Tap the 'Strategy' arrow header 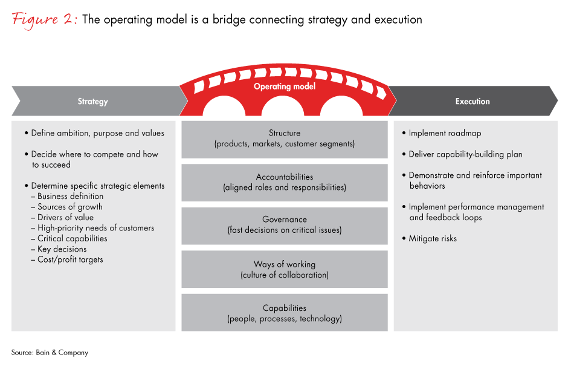(92, 102)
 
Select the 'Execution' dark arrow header (472, 102)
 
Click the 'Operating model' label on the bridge (285, 87)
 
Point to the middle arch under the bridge (285, 108)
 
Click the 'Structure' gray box (285, 139)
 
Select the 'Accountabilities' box (285, 183)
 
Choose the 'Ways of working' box (285, 270)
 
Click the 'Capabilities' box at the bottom (285, 313)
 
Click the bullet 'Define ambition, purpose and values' (97, 133)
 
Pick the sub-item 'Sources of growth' (69, 207)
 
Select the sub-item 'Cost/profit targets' (70, 259)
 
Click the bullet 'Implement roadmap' (444, 133)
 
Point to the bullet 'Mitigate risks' (432, 238)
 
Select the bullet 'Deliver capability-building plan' (465, 154)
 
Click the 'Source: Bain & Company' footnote (50, 353)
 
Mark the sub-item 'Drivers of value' (65, 218)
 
